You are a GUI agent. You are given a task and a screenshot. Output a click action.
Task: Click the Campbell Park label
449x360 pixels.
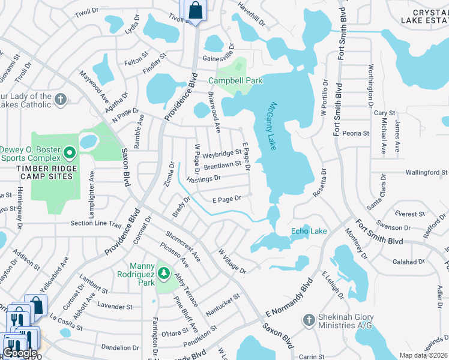tap(235, 80)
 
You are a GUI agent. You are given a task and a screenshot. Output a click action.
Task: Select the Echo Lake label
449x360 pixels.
tap(309, 231)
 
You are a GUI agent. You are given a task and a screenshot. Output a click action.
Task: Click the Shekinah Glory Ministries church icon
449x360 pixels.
tap(309, 320)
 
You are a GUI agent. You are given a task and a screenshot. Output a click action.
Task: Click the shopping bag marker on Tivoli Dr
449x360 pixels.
tap(195, 10)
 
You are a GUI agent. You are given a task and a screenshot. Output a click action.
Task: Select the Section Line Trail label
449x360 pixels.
tap(96, 223)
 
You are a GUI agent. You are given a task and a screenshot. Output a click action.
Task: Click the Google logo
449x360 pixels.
tap(20, 353)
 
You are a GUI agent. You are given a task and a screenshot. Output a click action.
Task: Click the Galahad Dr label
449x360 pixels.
tap(408, 262)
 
